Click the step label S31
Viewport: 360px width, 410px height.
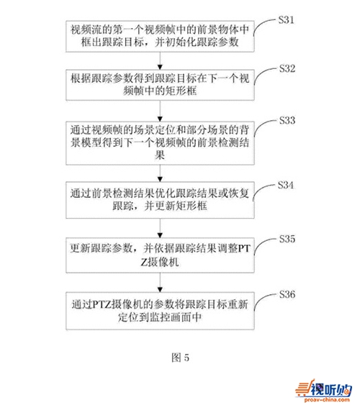coord(286,20)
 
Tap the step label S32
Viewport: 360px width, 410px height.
coord(287,69)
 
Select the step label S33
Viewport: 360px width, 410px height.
coord(287,121)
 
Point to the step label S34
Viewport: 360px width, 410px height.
coord(286,185)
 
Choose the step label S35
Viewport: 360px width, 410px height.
coord(287,239)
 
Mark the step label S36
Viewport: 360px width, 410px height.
coord(287,294)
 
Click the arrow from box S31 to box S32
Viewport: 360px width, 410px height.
coord(160,60)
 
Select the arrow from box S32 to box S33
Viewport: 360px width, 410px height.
coord(160,111)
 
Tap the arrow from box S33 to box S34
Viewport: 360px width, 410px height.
coord(160,173)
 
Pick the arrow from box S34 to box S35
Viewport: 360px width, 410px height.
coord(160,228)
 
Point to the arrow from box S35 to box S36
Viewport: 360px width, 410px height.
coord(160,283)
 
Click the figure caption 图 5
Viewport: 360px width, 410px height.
coord(180,357)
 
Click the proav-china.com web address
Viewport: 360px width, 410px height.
coord(327,399)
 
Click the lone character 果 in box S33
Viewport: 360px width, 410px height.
coord(160,155)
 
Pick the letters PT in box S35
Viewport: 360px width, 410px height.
coord(244,248)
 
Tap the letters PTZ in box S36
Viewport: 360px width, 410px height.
coord(102,305)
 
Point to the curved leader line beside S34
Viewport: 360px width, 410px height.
coord(264,191)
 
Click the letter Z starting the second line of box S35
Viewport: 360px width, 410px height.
coord(144,262)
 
